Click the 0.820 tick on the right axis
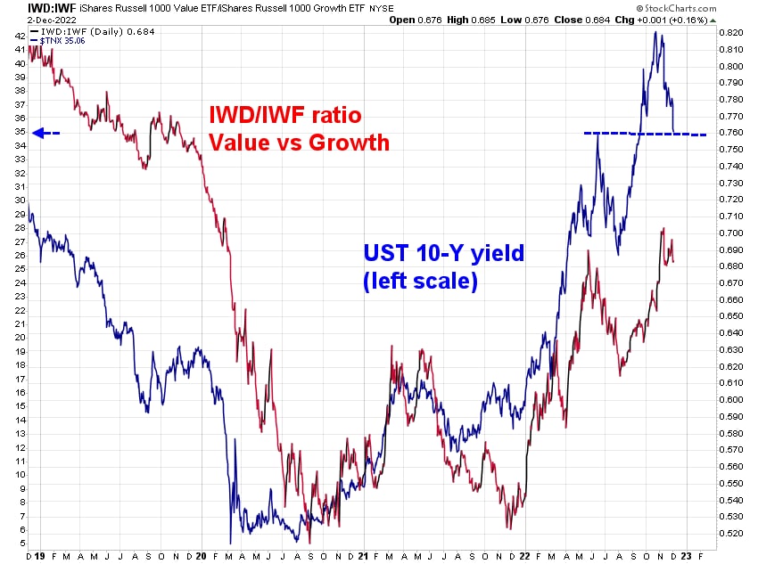point(731,32)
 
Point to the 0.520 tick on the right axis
point(731,533)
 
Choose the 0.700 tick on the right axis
point(731,233)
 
